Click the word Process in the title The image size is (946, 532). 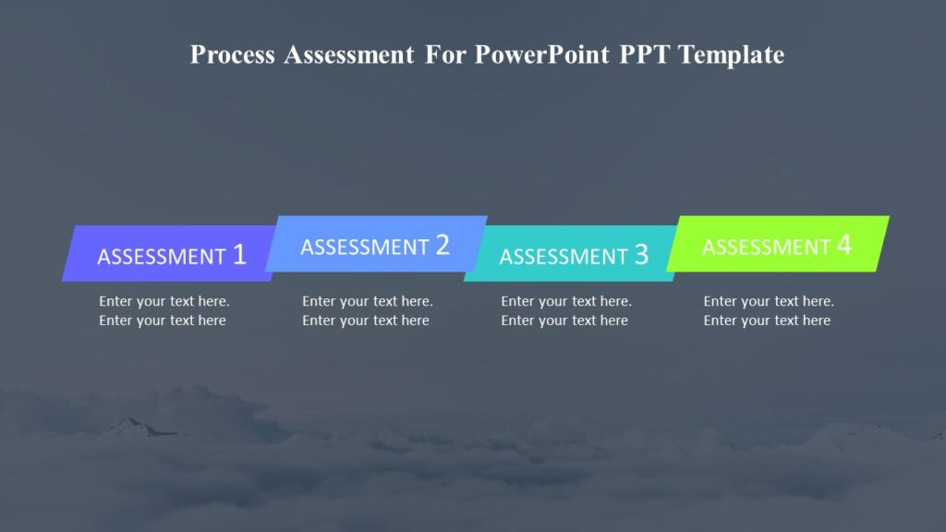pos(233,55)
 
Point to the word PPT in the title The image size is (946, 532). pos(642,55)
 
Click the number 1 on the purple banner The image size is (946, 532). pos(239,255)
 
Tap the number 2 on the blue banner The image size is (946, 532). pos(443,245)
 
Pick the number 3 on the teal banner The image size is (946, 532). pos(641,255)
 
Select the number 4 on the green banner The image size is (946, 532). pos(843,245)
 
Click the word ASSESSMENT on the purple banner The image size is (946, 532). pos(162,257)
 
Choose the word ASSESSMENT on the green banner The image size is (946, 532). pos(766,247)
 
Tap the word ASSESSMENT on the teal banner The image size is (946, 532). pos(564,257)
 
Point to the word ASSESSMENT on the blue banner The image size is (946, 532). pos(365,247)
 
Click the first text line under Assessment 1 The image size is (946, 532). pos(164,301)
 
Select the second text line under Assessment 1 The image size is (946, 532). pos(163,320)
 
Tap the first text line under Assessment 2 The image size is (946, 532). pos(368,301)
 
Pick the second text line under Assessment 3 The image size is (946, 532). pos(564,320)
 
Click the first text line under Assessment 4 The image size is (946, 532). pos(769,301)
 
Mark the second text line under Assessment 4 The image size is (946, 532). pos(767,320)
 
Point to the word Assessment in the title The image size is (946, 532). pos(349,55)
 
